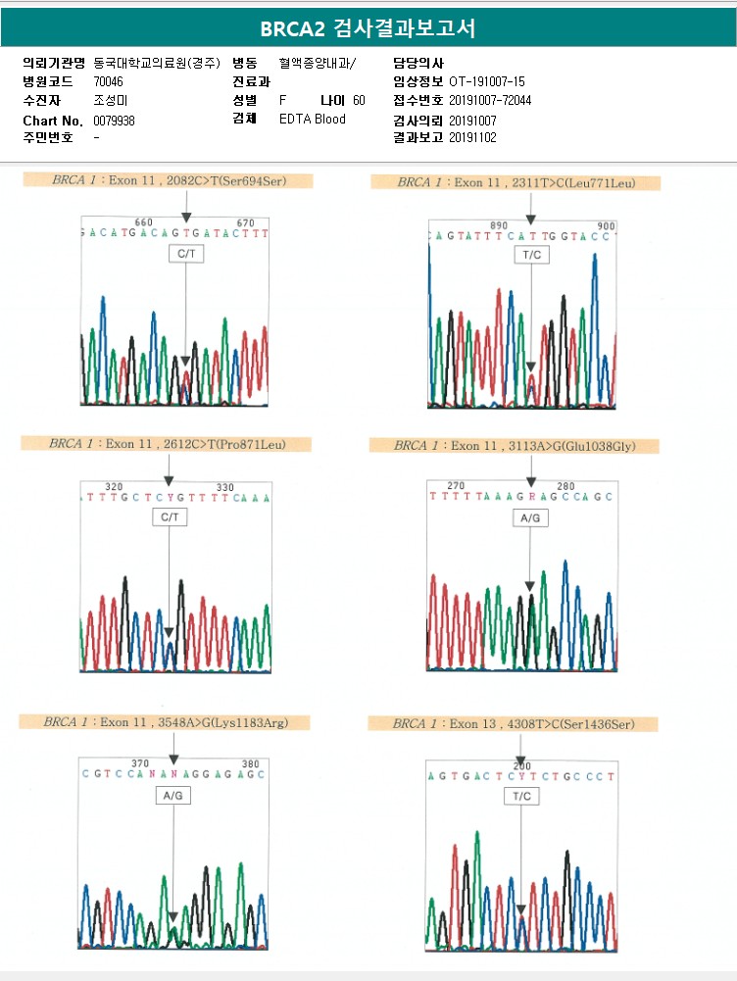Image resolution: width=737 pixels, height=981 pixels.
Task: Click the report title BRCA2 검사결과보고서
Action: tap(368, 28)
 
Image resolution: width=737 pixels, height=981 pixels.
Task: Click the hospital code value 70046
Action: tap(109, 81)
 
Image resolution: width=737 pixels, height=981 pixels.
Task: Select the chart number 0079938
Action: tap(114, 120)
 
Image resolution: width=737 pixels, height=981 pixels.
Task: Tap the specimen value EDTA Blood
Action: tap(313, 120)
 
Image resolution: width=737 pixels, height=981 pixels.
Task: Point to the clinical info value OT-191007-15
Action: tap(487, 81)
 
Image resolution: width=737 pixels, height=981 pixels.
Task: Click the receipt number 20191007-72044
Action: tap(490, 100)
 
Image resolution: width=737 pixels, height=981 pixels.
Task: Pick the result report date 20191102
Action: tap(473, 137)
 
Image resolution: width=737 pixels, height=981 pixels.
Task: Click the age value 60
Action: tap(359, 101)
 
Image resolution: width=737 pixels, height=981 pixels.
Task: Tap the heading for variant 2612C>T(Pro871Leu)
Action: tap(168, 444)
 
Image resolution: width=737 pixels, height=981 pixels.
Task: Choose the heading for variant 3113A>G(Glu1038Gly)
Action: tap(515, 446)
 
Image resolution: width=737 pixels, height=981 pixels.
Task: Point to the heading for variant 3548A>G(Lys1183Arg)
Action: tap(164, 722)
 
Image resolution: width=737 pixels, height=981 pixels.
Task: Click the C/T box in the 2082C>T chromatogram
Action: tap(185, 254)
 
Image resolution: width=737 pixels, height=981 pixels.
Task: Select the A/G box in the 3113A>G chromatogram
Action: tap(530, 517)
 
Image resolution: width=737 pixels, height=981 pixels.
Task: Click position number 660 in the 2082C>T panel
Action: tap(143, 222)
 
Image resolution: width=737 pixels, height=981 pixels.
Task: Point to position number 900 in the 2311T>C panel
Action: tap(606, 225)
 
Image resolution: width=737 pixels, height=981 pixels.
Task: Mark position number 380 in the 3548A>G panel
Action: tap(250, 763)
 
